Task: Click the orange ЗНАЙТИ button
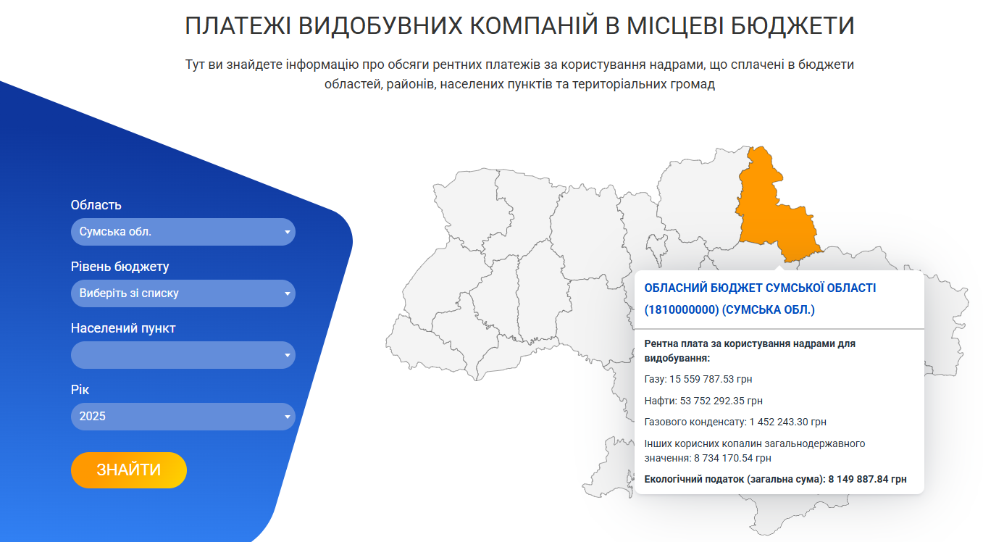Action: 129,470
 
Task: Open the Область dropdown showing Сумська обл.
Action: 183,232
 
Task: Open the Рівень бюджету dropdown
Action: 183,293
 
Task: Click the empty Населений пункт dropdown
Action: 183,355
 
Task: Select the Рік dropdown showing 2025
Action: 183,417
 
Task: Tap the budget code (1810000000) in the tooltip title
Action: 682,310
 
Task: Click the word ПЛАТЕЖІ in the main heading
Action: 238,25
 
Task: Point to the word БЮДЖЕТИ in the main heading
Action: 792,25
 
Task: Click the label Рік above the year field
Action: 80,390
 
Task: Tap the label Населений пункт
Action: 123,328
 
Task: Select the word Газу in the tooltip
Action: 656,379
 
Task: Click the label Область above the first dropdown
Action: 96,205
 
